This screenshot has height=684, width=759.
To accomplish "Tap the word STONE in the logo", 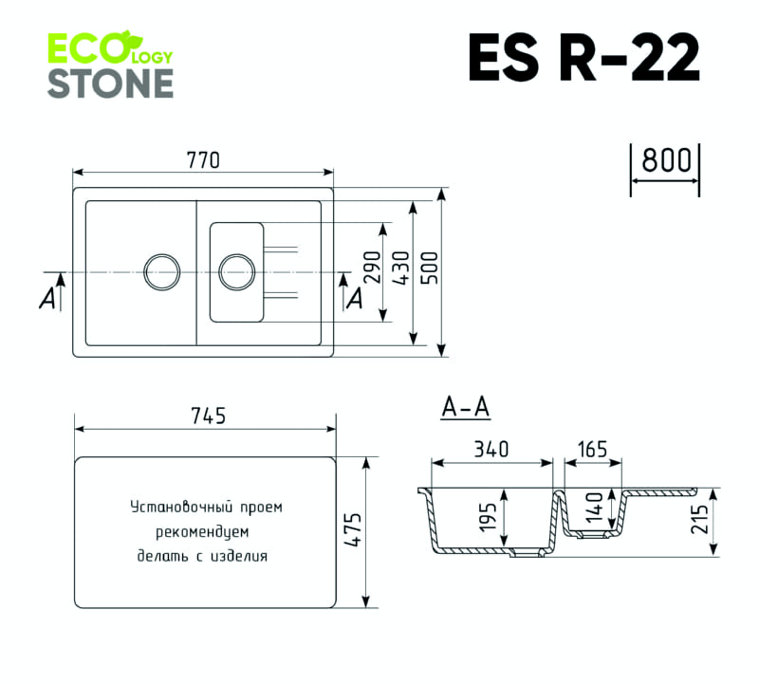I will (110, 83).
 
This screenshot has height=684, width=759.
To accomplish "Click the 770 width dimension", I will (203, 160).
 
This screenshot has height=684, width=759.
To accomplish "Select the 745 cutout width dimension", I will (208, 416).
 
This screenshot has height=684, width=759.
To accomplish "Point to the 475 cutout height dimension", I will (353, 531).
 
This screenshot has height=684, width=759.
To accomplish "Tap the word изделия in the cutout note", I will (241, 556).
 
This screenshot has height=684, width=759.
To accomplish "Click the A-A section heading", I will (465, 408).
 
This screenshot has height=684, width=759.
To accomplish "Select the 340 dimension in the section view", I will (492, 449).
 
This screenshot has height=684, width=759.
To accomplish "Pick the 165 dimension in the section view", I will (593, 449).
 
